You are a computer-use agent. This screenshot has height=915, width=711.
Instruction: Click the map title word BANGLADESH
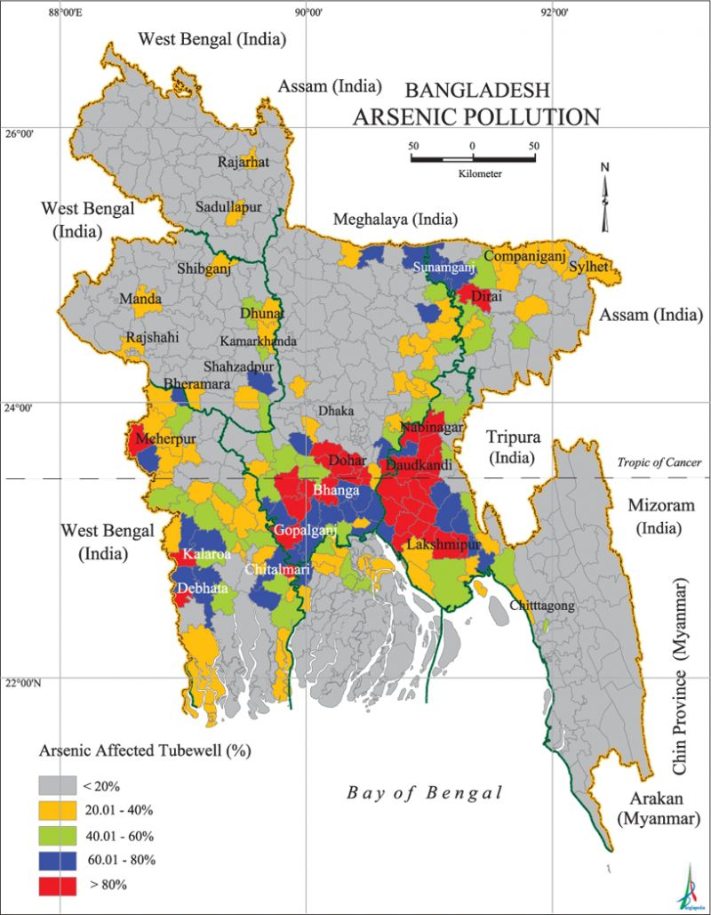coord(477,90)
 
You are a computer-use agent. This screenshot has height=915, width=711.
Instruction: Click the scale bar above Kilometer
coord(472,159)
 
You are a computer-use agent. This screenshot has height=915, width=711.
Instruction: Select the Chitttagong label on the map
coord(543,606)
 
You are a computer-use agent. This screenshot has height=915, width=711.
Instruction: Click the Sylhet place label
coord(589,266)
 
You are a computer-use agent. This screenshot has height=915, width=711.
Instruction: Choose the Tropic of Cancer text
coord(660,462)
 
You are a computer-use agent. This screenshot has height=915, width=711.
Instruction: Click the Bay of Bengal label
coord(425,793)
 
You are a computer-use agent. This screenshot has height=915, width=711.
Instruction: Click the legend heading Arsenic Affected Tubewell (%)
coord(145,750)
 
